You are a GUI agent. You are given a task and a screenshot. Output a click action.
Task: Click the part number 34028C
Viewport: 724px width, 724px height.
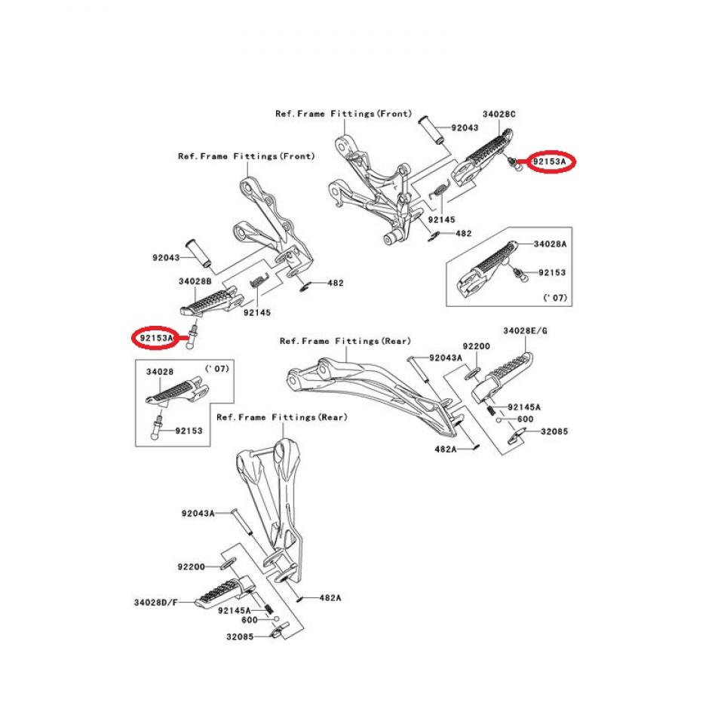pyautogui.click(x=499, y=114)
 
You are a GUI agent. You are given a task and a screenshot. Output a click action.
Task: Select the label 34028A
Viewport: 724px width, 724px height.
pyautogui.click(x=550, y=245)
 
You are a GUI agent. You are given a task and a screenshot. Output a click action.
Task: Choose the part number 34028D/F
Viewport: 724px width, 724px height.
pyautogui.click(x=157, y=602)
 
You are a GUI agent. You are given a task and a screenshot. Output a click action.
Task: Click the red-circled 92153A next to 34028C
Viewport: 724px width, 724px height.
pyautogui.click(x=550, y=161)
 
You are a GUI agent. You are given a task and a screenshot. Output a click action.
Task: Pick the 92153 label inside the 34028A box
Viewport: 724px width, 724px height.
pyautogui.click(x=551, y=272)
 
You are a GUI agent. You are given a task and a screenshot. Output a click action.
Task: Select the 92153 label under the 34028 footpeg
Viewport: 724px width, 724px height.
pyautogui.click(x=189, y=431)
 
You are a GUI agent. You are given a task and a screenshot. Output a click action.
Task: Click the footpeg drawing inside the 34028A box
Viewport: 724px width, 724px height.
pyautogui.click(x=486, y=268)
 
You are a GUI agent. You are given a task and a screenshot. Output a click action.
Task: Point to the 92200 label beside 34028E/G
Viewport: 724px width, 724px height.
pyautogui.click(x=477, y=345)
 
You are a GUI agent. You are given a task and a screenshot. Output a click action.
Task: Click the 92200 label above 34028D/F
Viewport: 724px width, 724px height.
pyautogui.click(x=192, y=566)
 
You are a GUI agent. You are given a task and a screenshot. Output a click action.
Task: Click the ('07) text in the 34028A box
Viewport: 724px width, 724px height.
pyautogui.click(x=554, y=299)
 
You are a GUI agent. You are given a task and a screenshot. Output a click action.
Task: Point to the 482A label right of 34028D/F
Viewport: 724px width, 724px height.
pyautogui.click(x=330, y=597)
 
